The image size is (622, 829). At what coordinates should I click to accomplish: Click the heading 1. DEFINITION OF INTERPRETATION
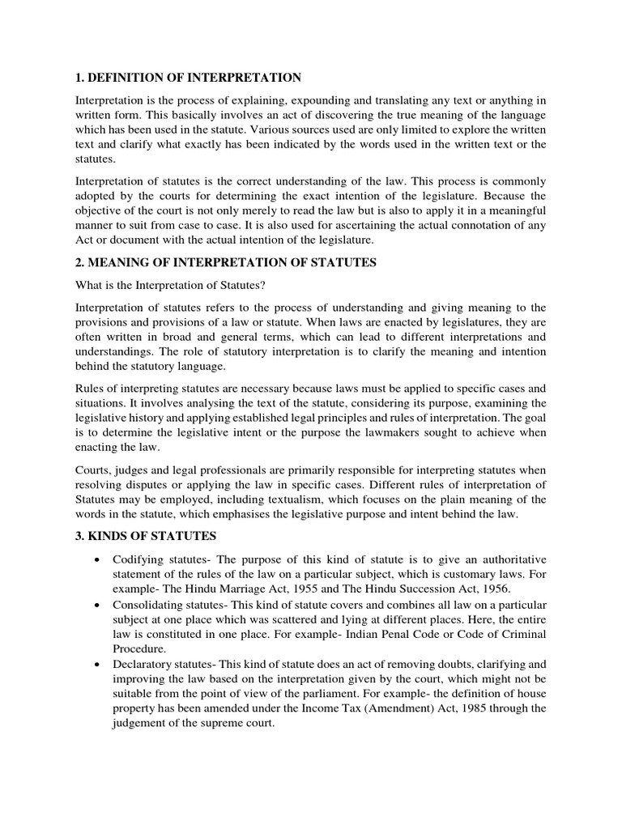pos(188,78)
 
